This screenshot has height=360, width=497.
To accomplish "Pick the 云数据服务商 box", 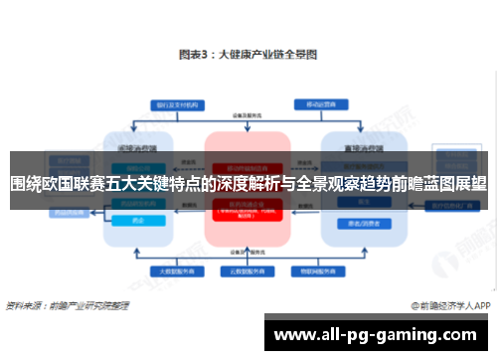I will point(246,270).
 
